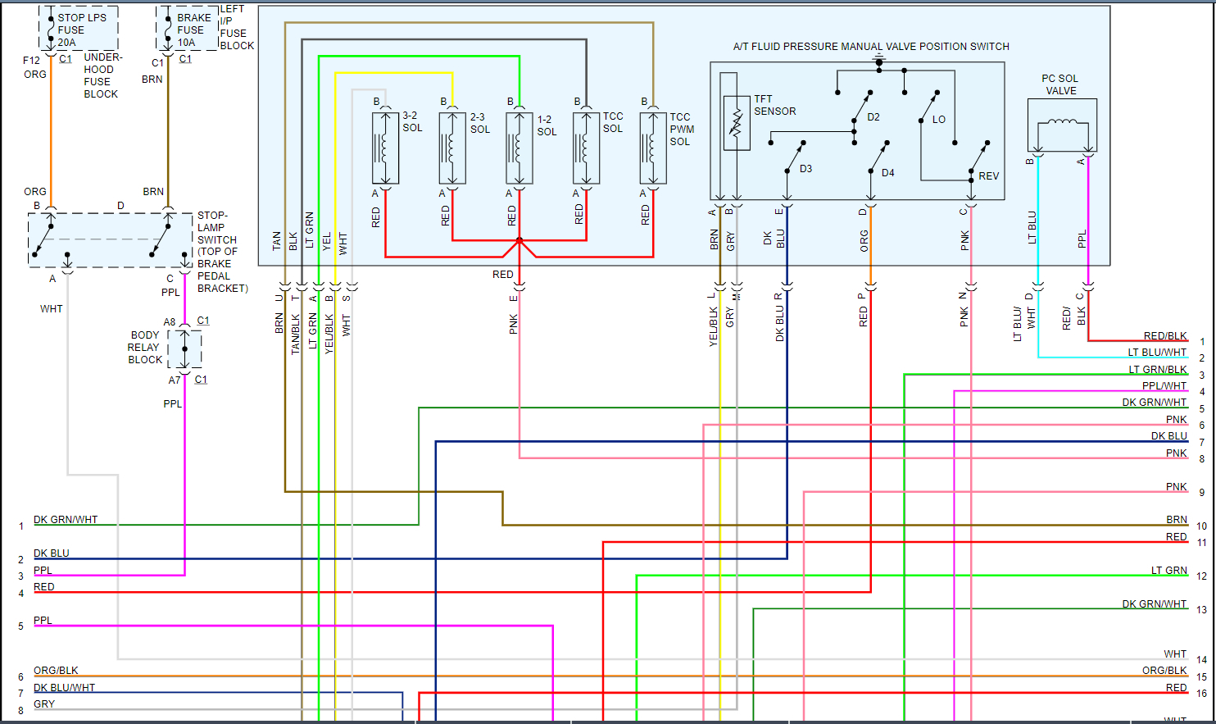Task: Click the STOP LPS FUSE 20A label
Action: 81,30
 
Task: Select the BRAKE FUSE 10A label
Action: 193,30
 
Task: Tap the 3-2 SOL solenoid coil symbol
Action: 385,148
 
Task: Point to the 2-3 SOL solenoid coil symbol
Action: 452,148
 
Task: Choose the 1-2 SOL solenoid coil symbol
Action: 519,148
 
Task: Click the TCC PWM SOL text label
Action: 681,130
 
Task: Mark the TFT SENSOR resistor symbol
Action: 736,123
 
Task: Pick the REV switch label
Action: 988,176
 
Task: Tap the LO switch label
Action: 938,120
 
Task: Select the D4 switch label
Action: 887,173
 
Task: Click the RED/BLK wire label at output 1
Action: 1164,336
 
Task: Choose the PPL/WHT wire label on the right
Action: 1164,386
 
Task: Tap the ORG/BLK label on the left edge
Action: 56,671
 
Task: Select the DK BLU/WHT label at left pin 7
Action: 64,688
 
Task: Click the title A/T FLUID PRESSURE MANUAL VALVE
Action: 870,47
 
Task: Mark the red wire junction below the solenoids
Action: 519,241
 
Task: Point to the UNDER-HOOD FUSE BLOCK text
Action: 102,75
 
